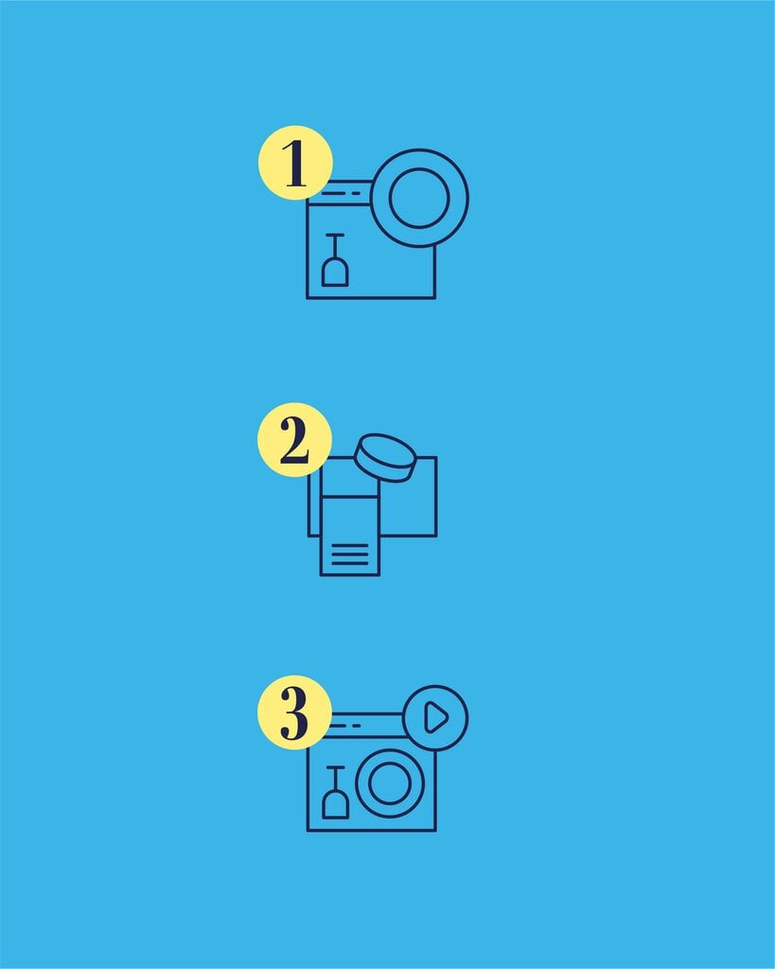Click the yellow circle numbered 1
295,163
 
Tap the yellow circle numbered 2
295,439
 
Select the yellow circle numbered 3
295,712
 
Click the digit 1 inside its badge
295,163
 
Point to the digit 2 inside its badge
294,440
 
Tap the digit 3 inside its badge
294,714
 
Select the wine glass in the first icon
335,260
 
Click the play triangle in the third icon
436,717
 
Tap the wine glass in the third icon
336,792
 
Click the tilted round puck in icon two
384,458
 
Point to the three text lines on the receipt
350,555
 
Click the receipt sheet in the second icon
350,536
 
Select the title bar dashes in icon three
343,726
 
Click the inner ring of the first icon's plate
389,198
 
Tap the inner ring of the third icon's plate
370,783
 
